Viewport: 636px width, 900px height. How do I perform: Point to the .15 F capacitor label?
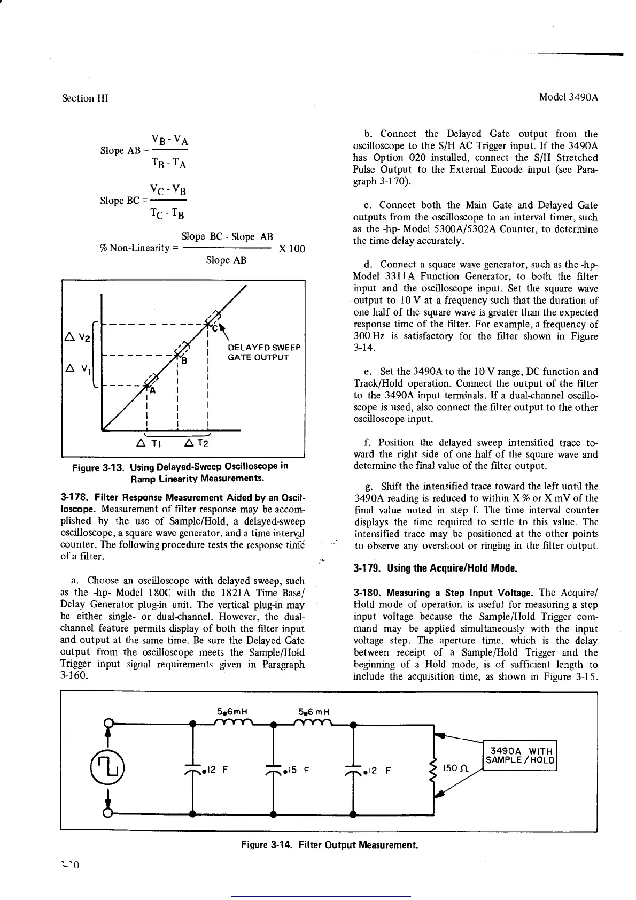(x=297, y=771)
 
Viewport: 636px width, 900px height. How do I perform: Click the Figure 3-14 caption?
(x=329, y=845)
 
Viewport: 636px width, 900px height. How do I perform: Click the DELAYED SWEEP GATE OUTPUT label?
(x=263, y=352)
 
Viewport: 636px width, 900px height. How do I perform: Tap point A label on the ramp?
(x=152, y=391)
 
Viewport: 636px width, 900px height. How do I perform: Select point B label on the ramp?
(x=184, y=360)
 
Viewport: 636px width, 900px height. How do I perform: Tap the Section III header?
(x=85, y=98)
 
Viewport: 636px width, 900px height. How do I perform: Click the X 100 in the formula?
(x=292, y=249)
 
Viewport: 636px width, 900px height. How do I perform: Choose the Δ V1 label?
(x=78, y=369)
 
